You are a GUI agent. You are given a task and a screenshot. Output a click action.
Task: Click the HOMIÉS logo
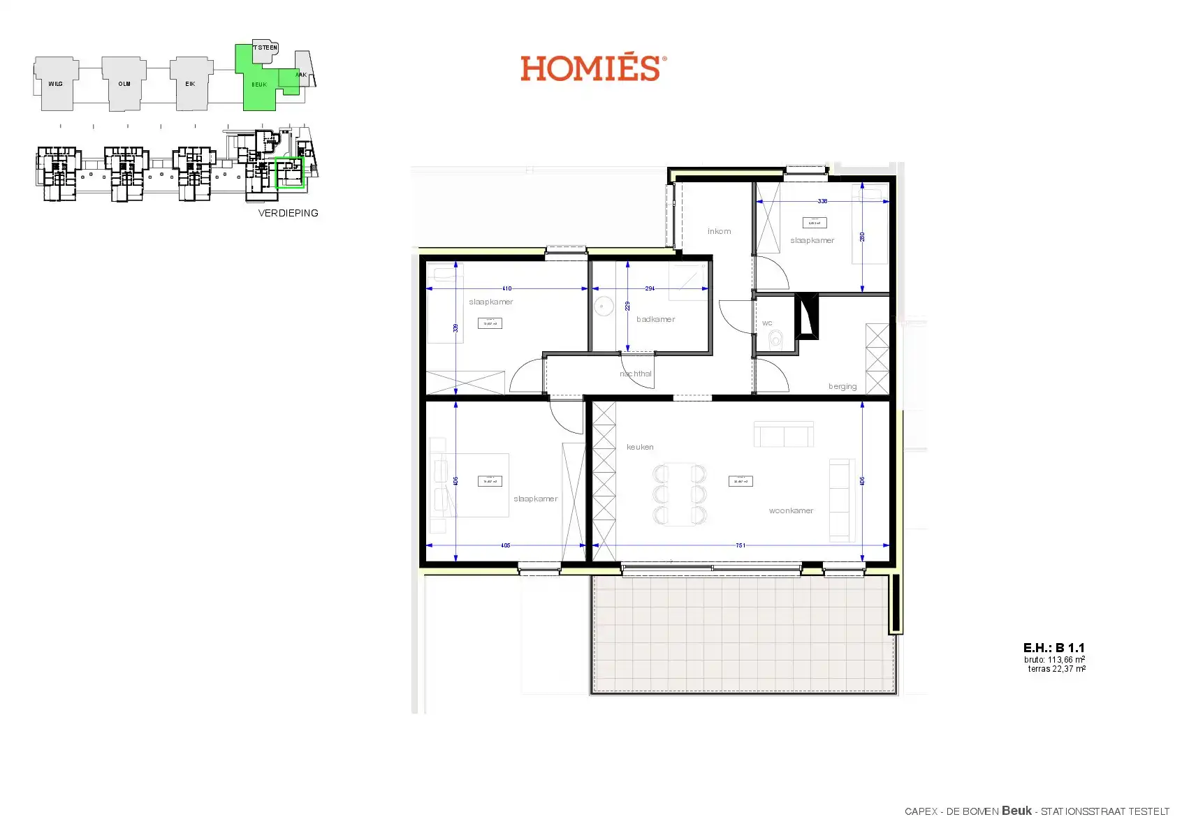pos(592,68)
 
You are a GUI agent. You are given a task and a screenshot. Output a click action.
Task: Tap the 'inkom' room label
pos(719,231)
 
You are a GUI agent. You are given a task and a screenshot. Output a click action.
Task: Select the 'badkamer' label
pos(655,319)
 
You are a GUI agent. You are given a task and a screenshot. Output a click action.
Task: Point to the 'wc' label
pos(767,323)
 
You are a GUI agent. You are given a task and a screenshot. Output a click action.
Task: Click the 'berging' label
pos(842,386)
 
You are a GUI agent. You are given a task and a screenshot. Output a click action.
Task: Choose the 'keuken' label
pos(640,447)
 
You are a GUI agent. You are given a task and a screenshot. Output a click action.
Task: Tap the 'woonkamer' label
pos(791,510)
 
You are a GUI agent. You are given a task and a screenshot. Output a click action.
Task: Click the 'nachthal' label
pos(636,374)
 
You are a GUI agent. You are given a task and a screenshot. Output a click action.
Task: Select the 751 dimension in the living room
pos(741,545)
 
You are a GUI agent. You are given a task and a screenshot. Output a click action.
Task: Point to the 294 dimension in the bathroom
pos(650,288)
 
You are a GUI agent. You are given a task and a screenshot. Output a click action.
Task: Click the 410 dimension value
pos(507,288)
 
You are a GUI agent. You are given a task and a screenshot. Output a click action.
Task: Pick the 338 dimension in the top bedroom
pos(822,201)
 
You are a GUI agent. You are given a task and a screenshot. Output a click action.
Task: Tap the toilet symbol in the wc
pos(775,341)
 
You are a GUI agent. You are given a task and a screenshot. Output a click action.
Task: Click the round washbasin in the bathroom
pos(603,306)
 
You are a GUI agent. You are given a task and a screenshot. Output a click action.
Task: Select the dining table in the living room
pos(680,494)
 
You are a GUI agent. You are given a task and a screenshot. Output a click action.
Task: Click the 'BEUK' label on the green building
pos(259,84)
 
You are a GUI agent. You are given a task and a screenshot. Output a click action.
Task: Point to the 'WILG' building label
pos(55,84)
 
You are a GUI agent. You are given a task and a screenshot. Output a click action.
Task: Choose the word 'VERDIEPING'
pos(288,213)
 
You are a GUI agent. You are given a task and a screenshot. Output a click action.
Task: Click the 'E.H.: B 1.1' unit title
pos(1053,648)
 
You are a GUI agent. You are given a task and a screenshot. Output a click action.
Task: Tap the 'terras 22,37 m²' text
pos(1056,669)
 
